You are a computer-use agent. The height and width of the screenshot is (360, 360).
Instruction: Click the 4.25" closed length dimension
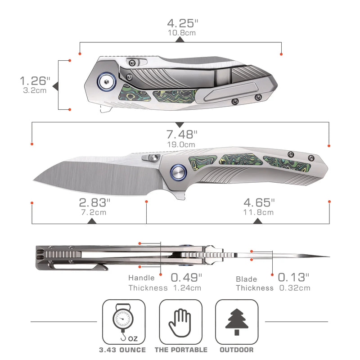(183, 23)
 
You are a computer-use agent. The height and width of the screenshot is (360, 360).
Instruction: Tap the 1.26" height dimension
(35, 81)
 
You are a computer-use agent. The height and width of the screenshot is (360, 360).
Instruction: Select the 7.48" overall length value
(182, 134)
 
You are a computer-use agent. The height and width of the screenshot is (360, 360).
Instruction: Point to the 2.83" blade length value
(94, 202)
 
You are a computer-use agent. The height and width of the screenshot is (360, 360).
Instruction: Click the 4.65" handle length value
(259, 202)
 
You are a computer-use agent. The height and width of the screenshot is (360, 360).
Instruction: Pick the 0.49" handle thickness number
(186, 278)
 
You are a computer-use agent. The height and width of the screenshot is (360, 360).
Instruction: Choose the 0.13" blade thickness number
(293, 277)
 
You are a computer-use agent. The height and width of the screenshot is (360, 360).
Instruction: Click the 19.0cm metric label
(181, 144)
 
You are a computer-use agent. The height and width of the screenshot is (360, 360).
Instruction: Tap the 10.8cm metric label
(182, 33)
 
